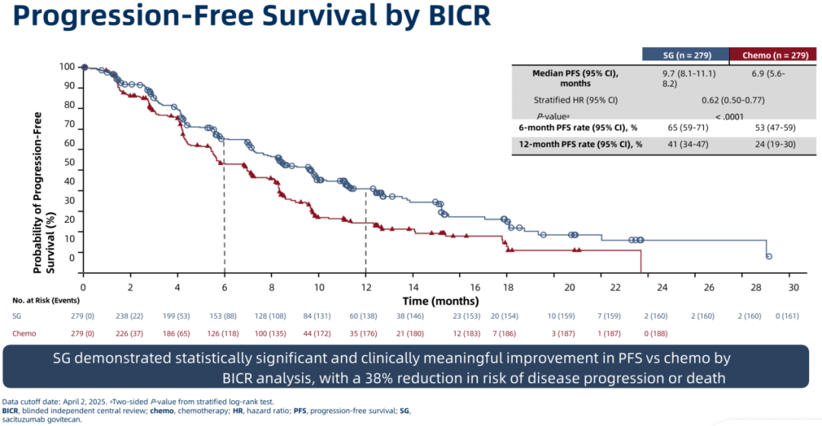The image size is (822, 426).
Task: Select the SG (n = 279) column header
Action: coord(685,54)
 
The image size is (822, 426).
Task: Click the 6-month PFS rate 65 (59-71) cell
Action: coord(685,129)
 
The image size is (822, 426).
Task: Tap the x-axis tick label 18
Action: coord(507,287)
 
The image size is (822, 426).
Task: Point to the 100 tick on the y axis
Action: coord(67,67)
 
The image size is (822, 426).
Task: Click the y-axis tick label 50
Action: coord(69,162)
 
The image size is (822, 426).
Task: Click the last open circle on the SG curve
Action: coord(769,256)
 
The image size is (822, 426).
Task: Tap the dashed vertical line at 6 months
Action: coord(225,221)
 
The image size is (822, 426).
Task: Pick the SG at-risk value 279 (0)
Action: coord(84,316)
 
